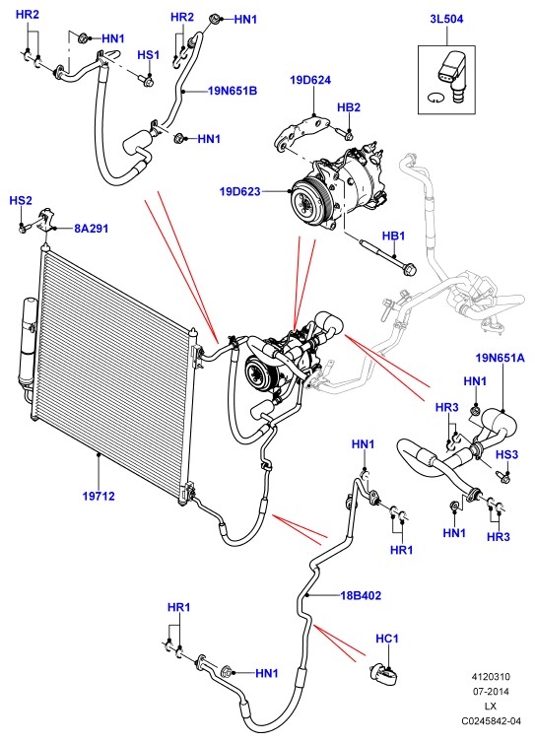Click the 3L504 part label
[446, 19]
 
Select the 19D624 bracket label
[310, 80]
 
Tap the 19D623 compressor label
[239, 191]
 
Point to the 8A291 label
[92, 229]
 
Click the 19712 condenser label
[99, 496]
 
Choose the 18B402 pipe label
[361, 595]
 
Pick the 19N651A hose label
[500, 358]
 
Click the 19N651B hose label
[233, 91]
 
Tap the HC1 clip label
[386, 639]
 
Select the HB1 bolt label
[393, 236]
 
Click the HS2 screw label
[21, 200]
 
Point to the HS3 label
[506, 455]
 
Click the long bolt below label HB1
[388, 258]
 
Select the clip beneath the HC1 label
[384, 673]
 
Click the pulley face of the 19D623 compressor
[308, 201]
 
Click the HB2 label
[349, 107]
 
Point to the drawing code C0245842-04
[491, 720]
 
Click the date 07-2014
[491, 692]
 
